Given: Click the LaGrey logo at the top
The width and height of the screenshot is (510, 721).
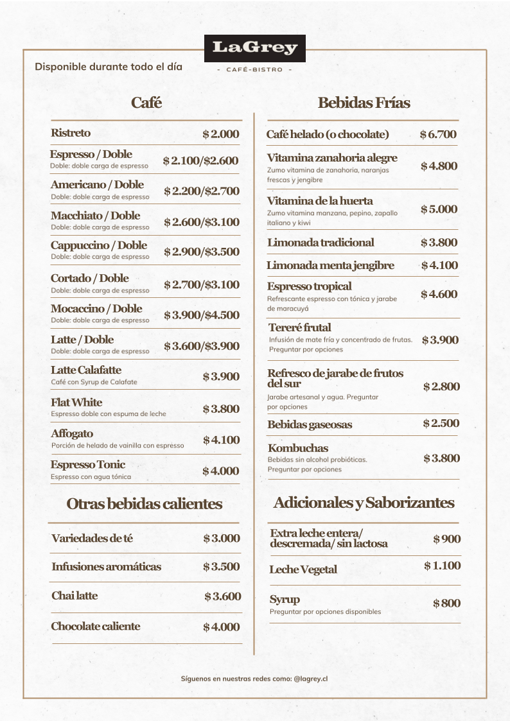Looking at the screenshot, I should [x=254, y=48].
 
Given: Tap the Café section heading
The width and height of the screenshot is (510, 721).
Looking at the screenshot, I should [x=146, y=103].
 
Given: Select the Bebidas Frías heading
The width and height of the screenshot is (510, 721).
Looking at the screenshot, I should [x=364, y=103].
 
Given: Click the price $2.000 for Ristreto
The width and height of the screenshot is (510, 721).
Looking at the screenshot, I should [x=220, y=134].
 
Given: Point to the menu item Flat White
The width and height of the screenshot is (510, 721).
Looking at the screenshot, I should [x=76, y=403].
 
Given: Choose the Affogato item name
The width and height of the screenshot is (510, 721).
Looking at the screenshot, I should [x=72, y=434].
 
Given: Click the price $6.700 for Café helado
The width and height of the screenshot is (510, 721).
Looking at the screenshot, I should [x=438, y=134].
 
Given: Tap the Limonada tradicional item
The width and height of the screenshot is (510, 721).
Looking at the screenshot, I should [x=321, y=243].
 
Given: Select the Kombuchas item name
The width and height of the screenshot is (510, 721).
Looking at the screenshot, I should [x=298, y=448].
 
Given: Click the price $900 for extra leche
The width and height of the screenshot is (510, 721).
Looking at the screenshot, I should [x=446, y=539].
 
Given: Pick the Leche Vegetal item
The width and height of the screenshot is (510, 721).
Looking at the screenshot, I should [x=303, y=569].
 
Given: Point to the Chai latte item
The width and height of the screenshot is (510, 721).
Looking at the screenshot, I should [x=75, y=596].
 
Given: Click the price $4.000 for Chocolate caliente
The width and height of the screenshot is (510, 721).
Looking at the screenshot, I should [x=222, y=627].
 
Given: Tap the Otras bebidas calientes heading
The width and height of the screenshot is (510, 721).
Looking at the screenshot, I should [x=145, y=504].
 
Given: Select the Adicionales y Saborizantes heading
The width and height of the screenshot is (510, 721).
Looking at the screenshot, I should [x=364, y=502].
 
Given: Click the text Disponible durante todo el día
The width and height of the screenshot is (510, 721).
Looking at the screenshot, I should [x=109, y=67].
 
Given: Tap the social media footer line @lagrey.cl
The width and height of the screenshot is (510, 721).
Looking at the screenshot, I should [x=254, y=677].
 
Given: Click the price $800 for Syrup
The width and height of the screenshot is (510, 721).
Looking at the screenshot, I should [x=446, y=604].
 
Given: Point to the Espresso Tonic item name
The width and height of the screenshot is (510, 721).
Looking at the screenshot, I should [x=88, y=465].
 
